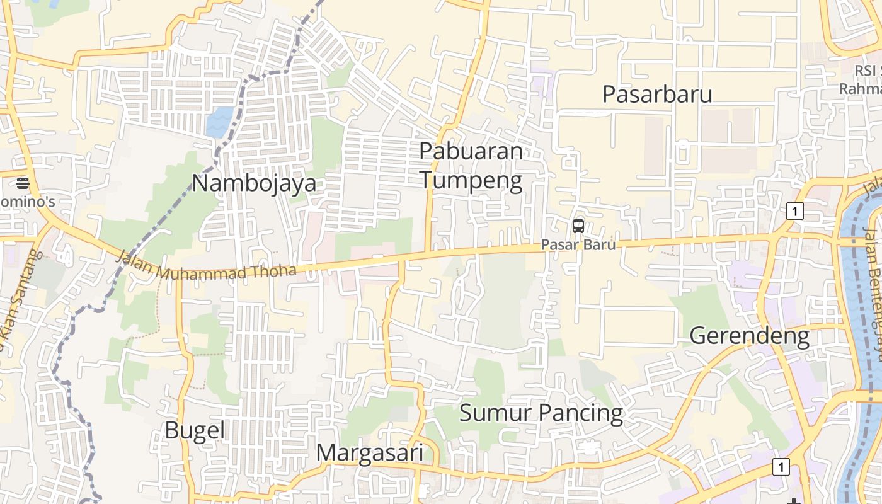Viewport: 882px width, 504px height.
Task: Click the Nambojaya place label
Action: [x=254, y=183]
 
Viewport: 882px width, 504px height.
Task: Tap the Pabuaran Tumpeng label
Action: [x=471, y=166]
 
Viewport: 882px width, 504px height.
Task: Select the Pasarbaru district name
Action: [x=657, y=94]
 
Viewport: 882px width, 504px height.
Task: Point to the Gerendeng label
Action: [x=749, y=336]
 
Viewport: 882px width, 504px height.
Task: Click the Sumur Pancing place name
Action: [x=541, y=413]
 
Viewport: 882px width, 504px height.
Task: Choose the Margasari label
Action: [x=369, y=453]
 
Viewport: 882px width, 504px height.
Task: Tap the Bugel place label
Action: [x=195, y=430]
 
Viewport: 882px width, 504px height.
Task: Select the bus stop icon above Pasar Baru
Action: [x=578, y=226]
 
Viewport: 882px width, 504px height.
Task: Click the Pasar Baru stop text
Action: [x=578, y=244]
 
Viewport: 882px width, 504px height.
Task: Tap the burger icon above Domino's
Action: [x=23, y=183]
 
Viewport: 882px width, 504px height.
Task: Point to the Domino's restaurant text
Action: [x=28, y=202]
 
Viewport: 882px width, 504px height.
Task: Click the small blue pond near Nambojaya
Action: [x=220, y=122]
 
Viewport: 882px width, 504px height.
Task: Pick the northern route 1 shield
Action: [x=795, y=211]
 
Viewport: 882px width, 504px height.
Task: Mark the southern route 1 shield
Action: [x=781, y=467]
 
